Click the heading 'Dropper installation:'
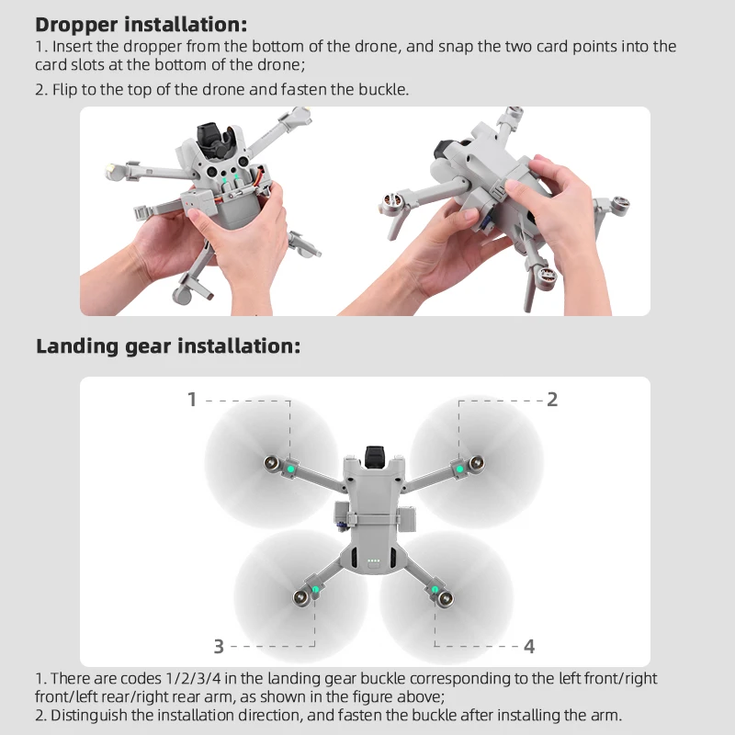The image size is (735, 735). (x=141, y=24)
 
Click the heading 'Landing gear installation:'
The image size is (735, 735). (x=167, y=346)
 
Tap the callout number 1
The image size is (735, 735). (x=192, y=399)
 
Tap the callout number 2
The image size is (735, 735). (x=552, y=399)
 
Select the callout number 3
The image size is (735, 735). (x=219, y=646)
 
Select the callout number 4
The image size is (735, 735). (x=529, y=646)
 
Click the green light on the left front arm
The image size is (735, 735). (x=290, y=469)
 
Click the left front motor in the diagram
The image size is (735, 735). (x=273, y=463)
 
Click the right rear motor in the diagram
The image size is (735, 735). (x=447, y=599)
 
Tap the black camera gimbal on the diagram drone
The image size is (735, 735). (x=374, y=454)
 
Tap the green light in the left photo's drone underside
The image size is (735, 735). (x=237, y=172)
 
